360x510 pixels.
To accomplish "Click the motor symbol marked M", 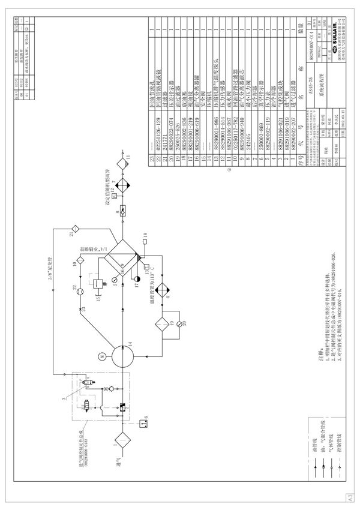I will (102, 356).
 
